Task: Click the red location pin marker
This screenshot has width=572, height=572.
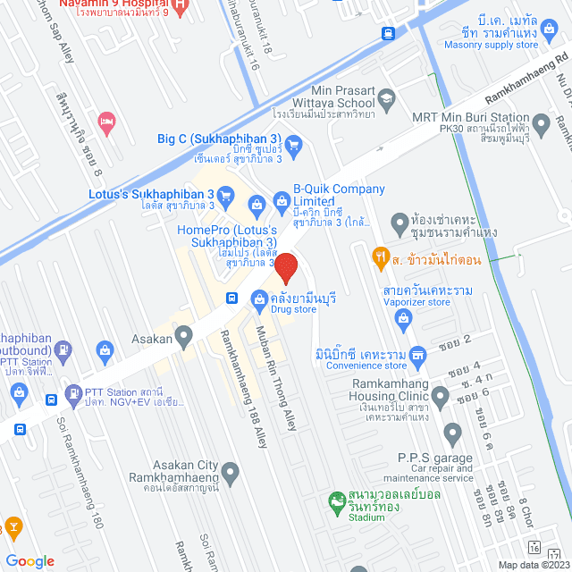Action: tap(285, 268)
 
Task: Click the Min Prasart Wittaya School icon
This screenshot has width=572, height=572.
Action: tap(386, 97)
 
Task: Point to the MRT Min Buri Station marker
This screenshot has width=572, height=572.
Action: tap(541, 122)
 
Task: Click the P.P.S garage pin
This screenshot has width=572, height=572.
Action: tap(452, 435)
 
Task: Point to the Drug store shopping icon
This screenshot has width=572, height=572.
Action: tap(259, 298)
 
